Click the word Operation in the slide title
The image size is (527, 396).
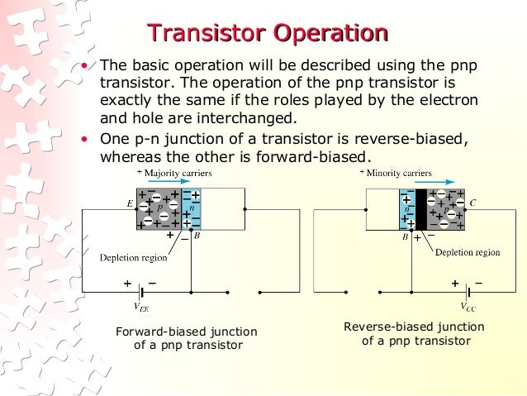coord(330,34)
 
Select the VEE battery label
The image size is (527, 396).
coord(142,308)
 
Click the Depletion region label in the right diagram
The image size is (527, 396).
coord(468,252)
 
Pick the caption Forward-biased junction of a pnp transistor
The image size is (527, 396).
coord(187,338)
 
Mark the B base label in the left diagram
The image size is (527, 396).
coord(197,236)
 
